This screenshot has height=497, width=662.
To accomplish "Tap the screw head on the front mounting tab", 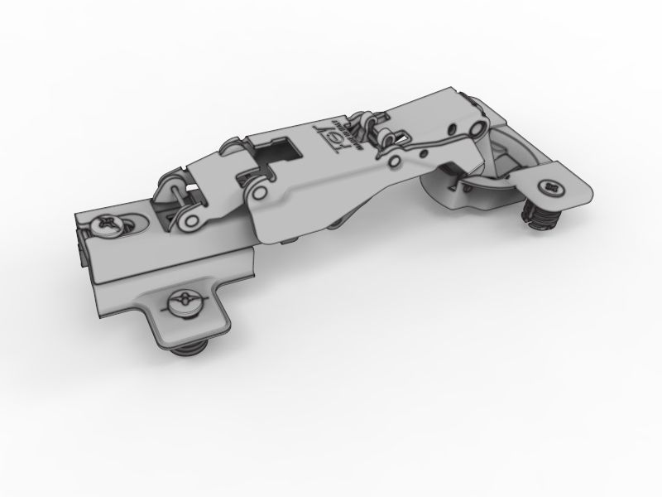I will (183, 304).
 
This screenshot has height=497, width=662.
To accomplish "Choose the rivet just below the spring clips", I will (396, 160).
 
